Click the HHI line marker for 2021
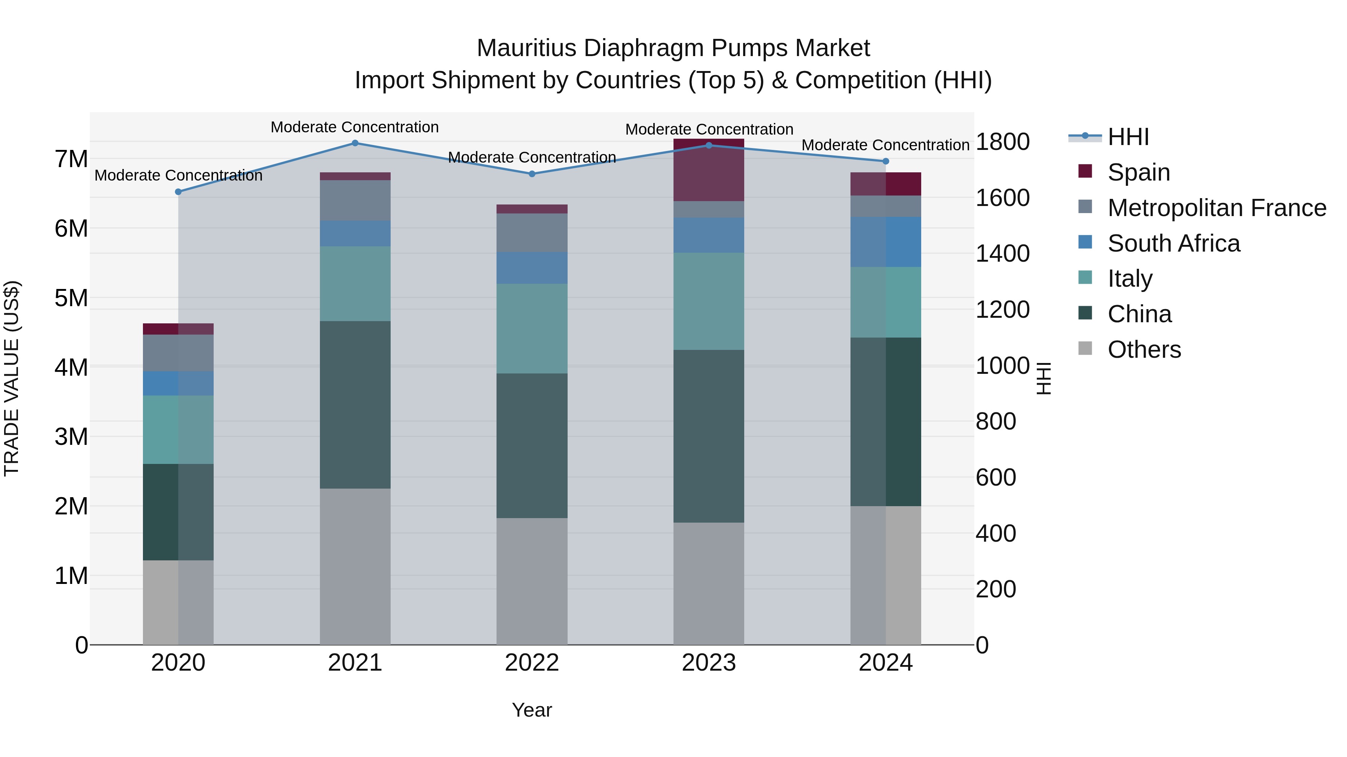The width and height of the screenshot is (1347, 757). point(355,143)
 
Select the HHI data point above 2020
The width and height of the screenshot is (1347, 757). point(178,192)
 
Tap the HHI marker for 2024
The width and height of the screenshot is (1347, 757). point(886,161)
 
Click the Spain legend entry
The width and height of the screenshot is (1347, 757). point(1138,172)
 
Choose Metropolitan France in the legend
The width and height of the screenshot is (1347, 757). point(1216,208)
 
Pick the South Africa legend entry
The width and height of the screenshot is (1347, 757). point(1173,243)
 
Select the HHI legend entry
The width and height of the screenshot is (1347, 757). point(1128,137)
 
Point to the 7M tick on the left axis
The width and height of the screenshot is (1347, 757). point(71,159)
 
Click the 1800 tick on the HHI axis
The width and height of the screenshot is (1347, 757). point(1002,142)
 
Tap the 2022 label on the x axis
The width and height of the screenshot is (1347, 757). point(532,663)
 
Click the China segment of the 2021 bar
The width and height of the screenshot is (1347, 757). point(355,405)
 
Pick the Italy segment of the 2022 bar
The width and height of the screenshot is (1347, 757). point(532,329)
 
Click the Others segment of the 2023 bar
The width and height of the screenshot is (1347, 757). point(709,584)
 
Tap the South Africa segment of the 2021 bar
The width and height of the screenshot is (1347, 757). point(355,234)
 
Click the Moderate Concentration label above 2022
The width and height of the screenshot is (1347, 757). point(532,157)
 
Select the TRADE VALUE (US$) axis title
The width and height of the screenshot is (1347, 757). point(12,378)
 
